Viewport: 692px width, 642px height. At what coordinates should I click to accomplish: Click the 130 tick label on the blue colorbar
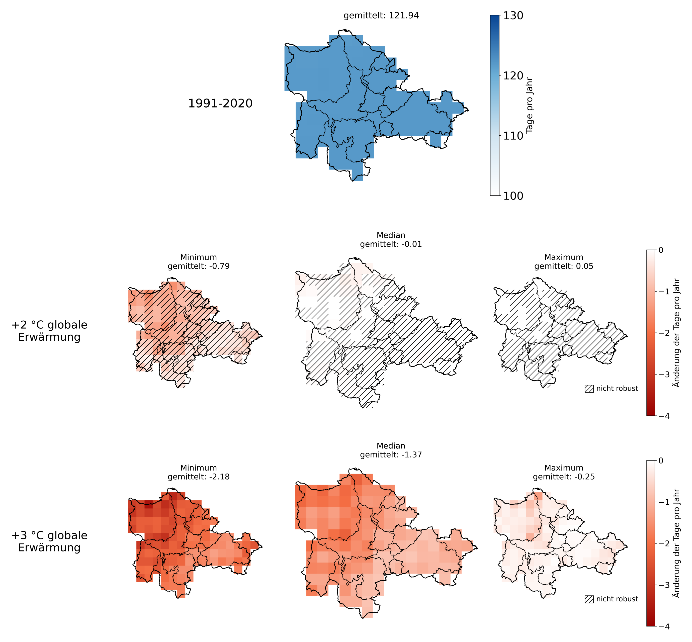pos(513,16)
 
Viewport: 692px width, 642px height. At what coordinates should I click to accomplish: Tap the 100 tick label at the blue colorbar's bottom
pos(513,196)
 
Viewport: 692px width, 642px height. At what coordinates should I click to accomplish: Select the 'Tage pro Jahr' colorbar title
pos(530,106)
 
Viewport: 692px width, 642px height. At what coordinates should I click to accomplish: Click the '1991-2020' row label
pos(220,104)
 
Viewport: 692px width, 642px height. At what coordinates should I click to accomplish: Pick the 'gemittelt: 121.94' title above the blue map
pos(381,16)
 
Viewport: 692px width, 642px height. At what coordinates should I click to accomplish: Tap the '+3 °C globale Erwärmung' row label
pos(49,541)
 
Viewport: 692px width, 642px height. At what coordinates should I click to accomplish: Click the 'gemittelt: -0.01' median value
pos(391,244)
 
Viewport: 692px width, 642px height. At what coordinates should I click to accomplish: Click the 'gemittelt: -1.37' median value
pos(391,455)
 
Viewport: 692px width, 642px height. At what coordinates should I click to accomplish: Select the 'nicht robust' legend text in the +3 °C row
pos(617,599)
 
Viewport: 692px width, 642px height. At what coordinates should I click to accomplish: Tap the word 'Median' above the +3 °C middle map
pos(391,446)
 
